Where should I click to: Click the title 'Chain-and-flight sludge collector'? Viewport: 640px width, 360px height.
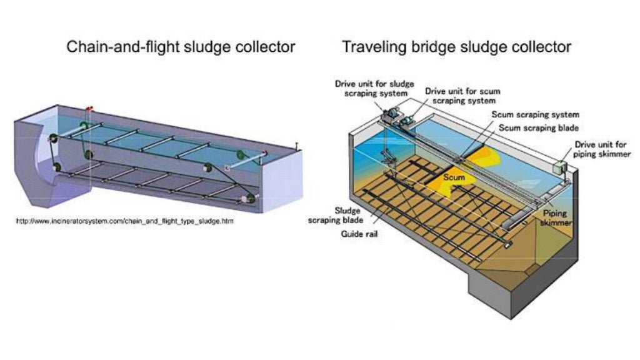[x=181, y=47]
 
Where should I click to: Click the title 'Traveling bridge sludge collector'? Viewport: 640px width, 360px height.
[x=456, y=47]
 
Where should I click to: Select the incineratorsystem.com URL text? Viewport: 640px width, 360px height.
[x=125, y=221]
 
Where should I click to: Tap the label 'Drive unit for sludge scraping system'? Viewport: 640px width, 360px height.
[x=371, y=87]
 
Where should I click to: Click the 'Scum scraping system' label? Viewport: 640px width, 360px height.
[x=535, y=114]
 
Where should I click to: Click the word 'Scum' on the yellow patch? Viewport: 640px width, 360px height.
[x=454, y=177]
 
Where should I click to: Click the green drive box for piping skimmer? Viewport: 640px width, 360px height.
[x=560, y=167]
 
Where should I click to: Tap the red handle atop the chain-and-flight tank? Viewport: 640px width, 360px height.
[x=90, y=108]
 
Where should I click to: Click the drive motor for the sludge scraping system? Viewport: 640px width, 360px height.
[x=391, y=112]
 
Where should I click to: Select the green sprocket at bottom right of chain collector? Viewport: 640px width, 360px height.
[x=249, y=199]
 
